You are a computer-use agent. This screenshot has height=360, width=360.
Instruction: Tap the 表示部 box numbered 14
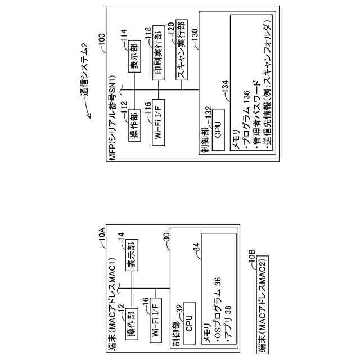click(134, 256)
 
